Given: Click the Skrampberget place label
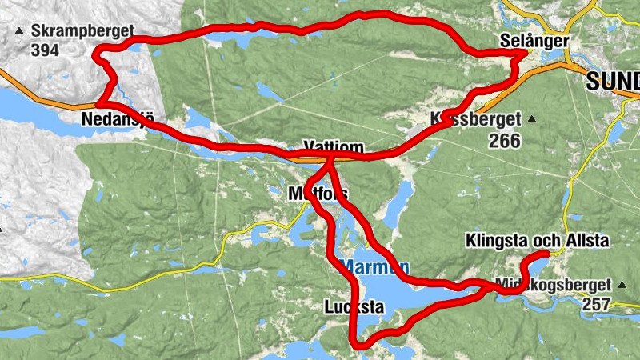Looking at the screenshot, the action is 82,31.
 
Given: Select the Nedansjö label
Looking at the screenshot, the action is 117,120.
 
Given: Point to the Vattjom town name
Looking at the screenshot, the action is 334,147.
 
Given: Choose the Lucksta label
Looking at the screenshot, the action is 354,306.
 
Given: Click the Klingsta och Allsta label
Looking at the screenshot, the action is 537,241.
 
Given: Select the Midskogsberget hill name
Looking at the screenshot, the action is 553,285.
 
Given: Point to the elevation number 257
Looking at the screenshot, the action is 596,304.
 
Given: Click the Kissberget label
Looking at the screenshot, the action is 475,119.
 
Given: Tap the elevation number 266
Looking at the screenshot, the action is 505,141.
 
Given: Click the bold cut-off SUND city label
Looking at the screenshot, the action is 613,81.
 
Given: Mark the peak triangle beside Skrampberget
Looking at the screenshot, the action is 18,31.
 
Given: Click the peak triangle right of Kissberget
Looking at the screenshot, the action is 530,120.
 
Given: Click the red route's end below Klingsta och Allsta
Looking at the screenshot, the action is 547,254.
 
